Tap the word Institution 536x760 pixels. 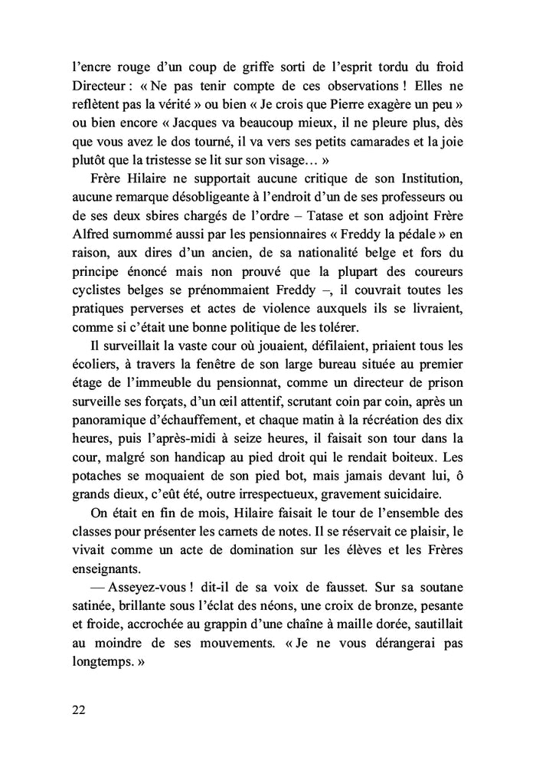click(436, 178)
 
